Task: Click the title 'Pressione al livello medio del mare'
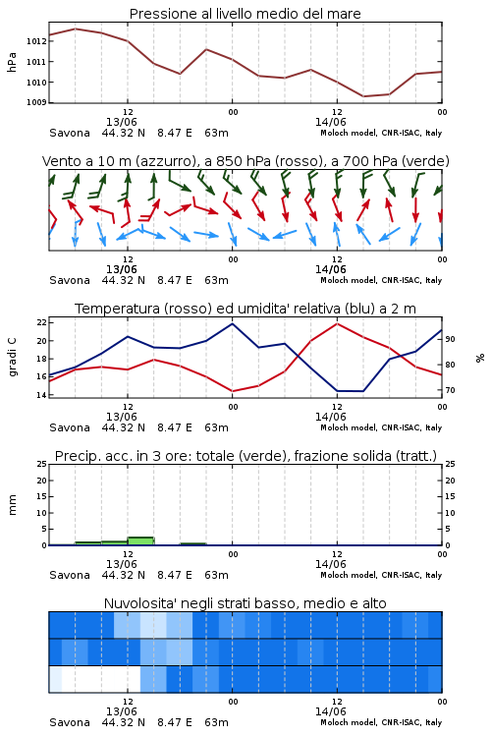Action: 245,14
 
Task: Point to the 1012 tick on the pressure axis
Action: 36,41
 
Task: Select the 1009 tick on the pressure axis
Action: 36,102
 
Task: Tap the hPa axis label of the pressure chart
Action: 12,62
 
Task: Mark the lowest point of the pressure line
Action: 362,96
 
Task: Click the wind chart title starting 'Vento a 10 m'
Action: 245,161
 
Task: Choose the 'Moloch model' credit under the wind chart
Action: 381,280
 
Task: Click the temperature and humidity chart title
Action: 245,309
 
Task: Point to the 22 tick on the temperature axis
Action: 41,322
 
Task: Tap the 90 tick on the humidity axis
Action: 450,339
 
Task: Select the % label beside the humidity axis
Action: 480,358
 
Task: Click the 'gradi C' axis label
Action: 12,357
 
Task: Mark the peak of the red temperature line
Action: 337,323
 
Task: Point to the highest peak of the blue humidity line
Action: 232,323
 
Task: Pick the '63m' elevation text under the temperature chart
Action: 216,427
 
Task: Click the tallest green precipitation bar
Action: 141,541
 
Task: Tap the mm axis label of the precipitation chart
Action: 12,504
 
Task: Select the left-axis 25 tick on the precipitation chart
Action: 41,465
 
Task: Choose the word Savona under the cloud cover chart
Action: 70,722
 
